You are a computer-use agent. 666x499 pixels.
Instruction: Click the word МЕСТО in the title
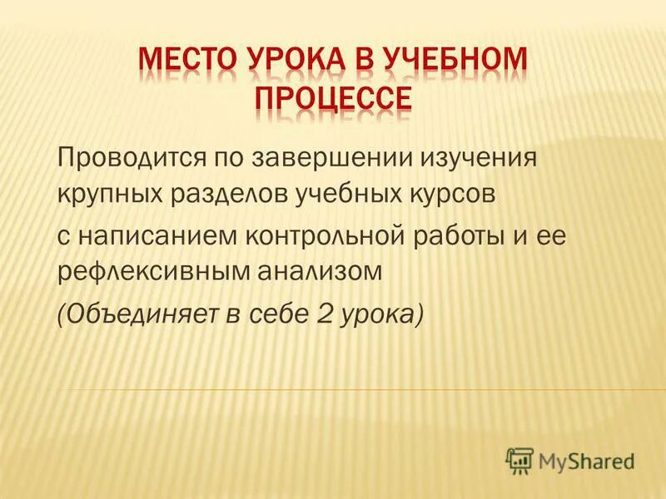pos(186,62)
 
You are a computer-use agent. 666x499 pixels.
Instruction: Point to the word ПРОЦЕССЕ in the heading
pos(332,98)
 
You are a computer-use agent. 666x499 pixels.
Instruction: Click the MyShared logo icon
pos(520,460)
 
